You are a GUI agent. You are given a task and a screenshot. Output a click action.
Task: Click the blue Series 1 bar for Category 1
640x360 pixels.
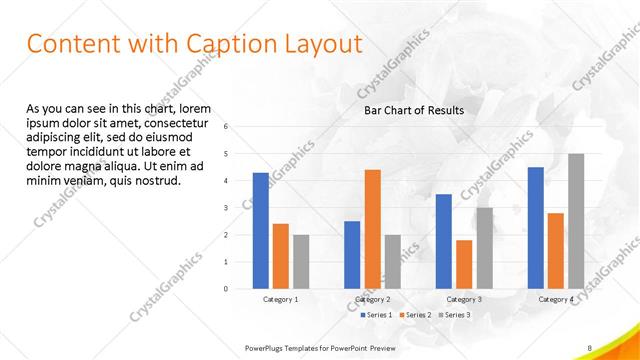pos(260,231)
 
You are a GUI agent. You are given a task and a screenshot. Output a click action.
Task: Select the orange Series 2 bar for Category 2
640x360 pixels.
pos(372,229)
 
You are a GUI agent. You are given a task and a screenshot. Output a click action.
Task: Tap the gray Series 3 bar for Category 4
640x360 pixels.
pos(576,221)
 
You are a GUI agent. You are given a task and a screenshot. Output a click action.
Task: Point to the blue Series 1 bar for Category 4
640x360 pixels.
pos(535,228)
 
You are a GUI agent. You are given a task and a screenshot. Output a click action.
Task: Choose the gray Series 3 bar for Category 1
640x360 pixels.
pos(301,262)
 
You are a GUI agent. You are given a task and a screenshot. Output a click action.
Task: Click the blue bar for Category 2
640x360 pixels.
pos(352,255)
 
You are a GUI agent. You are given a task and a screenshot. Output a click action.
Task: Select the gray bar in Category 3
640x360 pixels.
pos(484,248)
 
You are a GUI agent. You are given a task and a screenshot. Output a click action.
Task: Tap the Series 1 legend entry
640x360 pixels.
pos(375,315)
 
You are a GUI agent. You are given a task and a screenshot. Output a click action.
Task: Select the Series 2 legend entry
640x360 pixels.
pos(415,315)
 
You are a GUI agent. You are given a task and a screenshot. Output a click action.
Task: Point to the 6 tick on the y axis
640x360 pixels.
pos(227,127)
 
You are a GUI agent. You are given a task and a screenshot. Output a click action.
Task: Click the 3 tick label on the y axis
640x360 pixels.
pos(227,208)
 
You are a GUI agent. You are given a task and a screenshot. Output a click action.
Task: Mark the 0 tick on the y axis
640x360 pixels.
pos(227,289)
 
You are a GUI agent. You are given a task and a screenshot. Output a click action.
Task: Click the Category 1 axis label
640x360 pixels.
pos(281,299)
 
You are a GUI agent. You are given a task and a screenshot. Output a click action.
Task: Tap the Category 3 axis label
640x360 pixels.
pos(464,299)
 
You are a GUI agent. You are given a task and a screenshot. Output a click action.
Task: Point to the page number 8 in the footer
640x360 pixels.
pos(590,347)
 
